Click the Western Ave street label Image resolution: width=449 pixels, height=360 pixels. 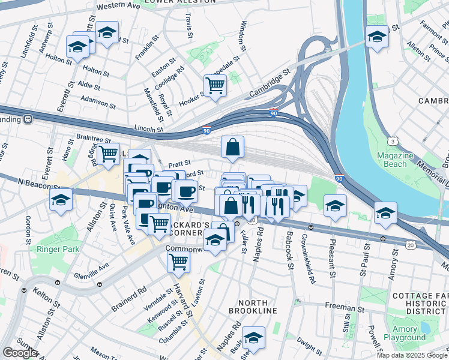[x=118, y=6]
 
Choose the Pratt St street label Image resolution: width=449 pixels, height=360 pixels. [x=179, y=163]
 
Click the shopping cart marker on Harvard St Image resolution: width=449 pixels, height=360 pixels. [x=178, y=261]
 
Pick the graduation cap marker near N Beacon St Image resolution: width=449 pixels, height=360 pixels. [x=61, y=199]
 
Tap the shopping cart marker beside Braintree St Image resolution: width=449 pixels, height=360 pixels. [x=109, y=154]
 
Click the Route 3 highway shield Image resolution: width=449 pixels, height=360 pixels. [x=393, y=141]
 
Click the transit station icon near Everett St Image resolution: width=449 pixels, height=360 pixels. [x=28, y=119]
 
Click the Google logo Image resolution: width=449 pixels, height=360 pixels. [x=19, y=353]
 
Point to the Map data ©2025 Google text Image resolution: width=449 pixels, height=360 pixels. [x=412, y=355]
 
